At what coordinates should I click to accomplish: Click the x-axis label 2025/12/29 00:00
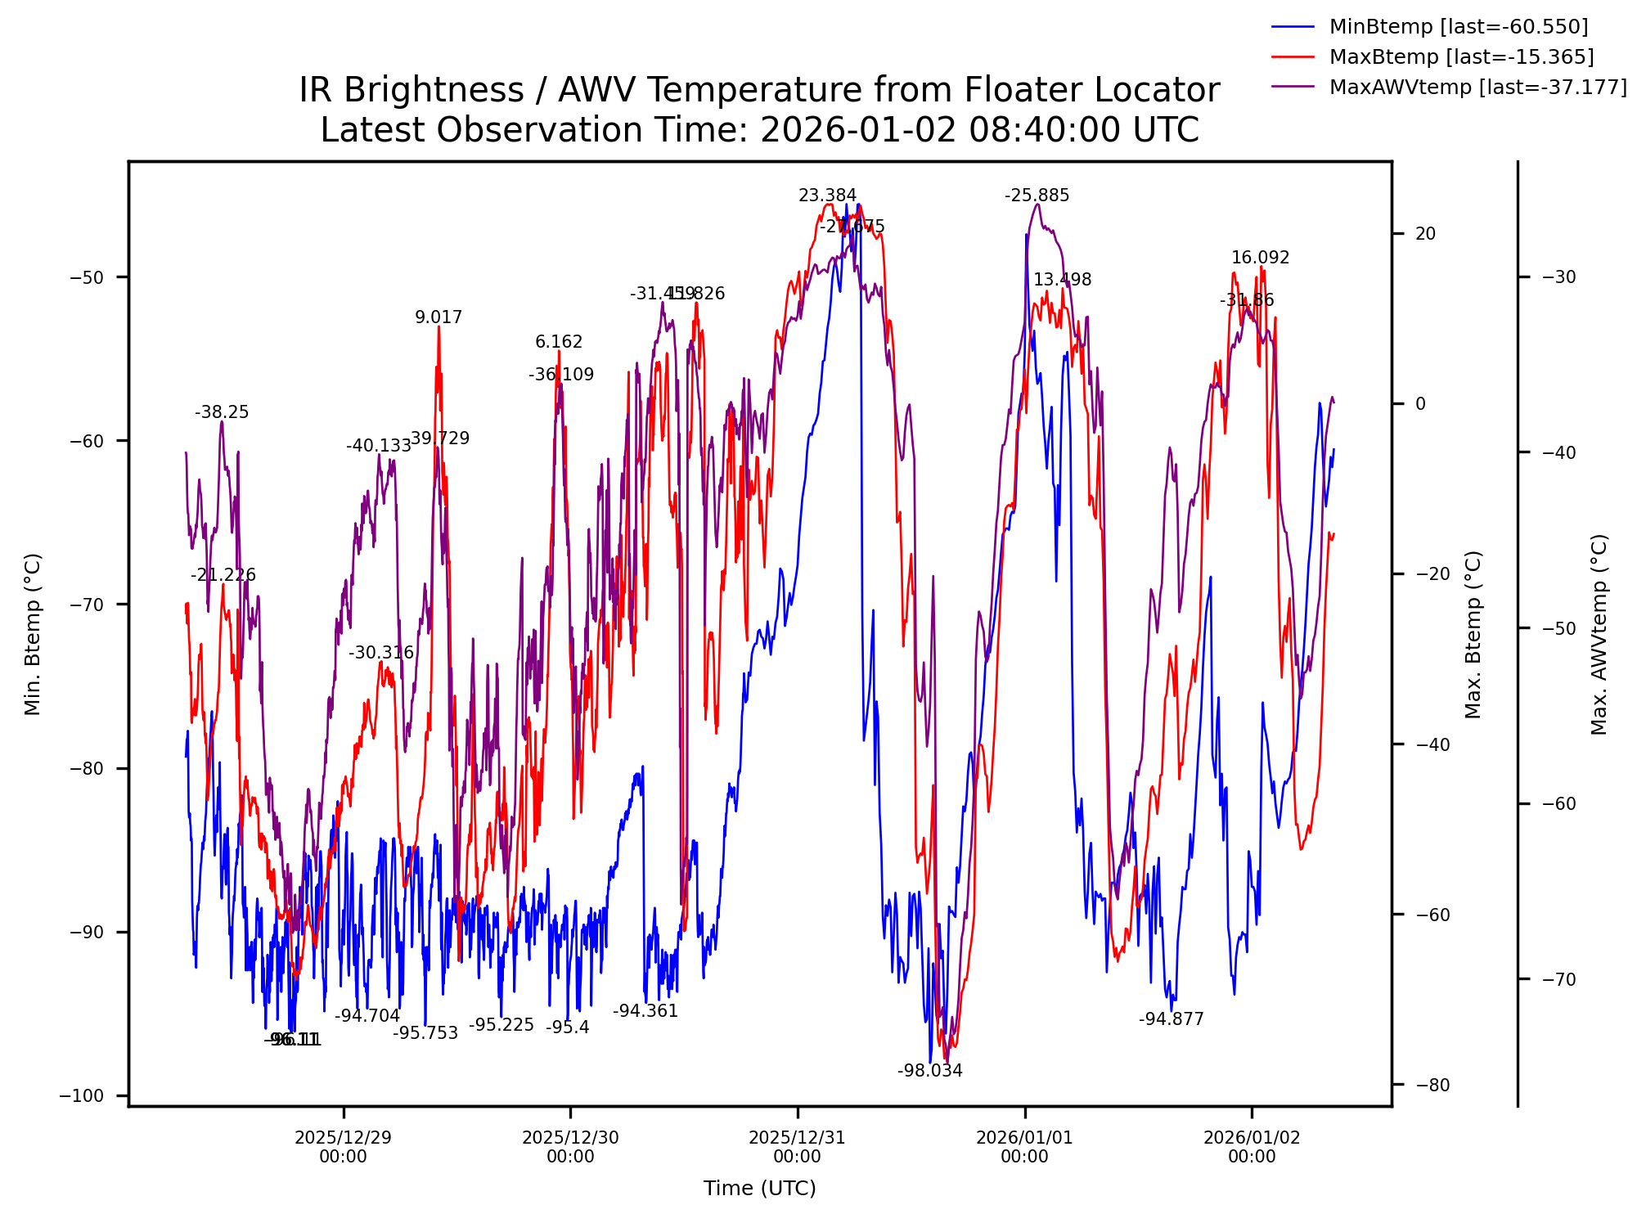(344, 1147)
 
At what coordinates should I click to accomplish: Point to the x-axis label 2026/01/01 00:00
(1024, 1147)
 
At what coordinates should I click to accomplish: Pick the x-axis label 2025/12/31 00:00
(798, 1147)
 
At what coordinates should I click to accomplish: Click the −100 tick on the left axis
(83, 1096)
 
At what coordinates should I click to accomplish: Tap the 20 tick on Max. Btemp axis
(1425, 234)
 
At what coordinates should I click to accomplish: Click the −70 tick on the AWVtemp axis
(1558, 979)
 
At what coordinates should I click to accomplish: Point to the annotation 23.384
(827, 196)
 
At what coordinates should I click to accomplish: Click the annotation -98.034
(929, 1071)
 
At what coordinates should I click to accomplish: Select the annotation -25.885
(1037, 196)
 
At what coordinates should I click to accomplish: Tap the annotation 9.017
(438, 317)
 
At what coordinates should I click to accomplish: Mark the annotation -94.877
(1171, 1019)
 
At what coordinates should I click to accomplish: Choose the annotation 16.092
(1260, 258)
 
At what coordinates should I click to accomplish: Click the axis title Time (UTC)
(759, 1189)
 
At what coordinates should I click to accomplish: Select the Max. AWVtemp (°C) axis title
(1599, 635)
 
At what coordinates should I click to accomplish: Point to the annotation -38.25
(222, 412)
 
